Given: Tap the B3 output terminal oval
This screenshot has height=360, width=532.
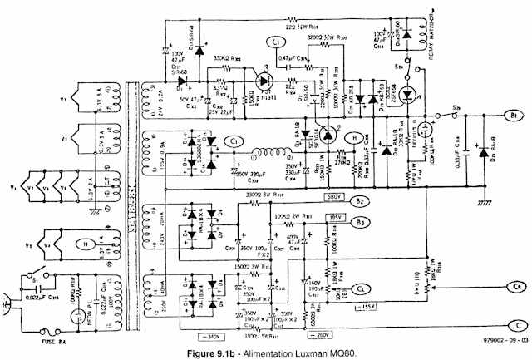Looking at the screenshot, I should [360, 222].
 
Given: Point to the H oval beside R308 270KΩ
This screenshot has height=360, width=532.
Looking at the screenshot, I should [351, 140].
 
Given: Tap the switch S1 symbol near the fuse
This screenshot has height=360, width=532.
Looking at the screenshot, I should [34, 274].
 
